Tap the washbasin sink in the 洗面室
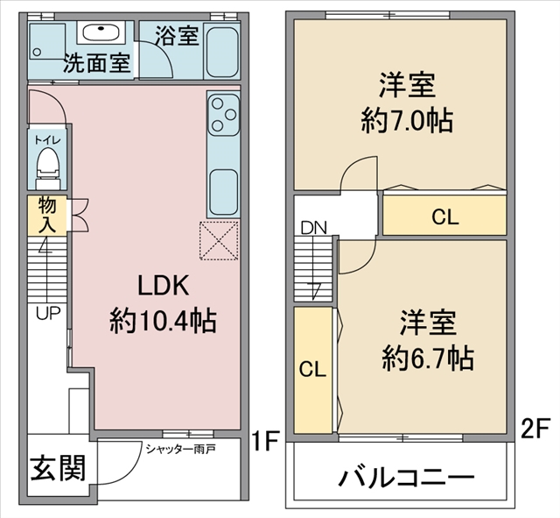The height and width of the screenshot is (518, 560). point(101,32)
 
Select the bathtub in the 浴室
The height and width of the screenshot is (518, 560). point(222,52)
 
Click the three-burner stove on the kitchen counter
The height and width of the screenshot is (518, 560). point(223,115)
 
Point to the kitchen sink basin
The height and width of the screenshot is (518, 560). point(224,192)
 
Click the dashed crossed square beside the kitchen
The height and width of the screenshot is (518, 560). point(219,240)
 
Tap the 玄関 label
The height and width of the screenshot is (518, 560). point(59,468)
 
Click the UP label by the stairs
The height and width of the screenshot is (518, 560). point(48,314)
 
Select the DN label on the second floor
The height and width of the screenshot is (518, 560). point(314,228)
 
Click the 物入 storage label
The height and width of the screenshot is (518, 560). point(47,214)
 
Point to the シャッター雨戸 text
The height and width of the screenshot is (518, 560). point(180,449)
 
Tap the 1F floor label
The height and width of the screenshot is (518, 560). point(264,441)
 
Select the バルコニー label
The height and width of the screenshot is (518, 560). point(406,477)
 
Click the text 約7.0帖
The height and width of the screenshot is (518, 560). point(407,121)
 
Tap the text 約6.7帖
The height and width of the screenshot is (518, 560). point(428,358)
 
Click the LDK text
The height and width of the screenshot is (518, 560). point(164,286)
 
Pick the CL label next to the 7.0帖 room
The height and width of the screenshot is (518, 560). point(445,216)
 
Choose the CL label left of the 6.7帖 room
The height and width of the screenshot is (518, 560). point(313,369)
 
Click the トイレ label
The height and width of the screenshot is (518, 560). point(47,140)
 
